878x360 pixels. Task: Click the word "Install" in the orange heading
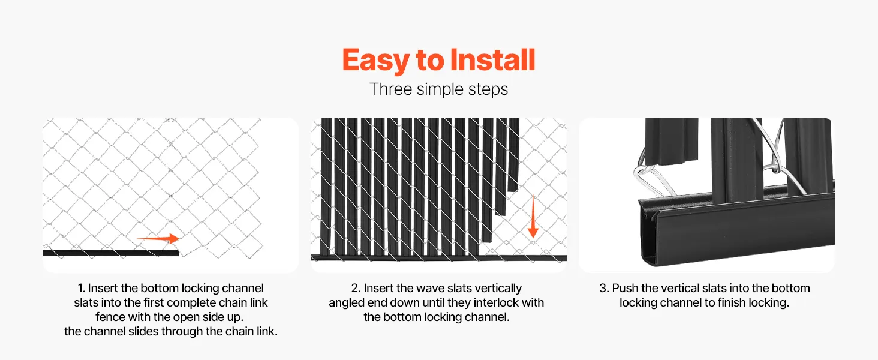tap(493, 60)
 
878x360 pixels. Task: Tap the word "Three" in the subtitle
tap(391, 89)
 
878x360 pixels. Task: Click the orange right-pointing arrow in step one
tap(158, 238)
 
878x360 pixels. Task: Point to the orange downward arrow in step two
tap(533, 217)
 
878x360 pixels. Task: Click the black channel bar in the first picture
tap(110, 253)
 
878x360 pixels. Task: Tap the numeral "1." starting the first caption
tap(81, 288)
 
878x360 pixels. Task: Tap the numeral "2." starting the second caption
tap(356, 288)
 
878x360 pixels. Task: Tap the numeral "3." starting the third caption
tap(604, 288)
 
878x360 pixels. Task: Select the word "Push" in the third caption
tap(625, 288)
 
